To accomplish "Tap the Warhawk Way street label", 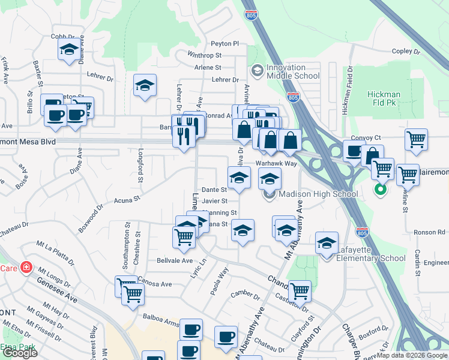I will (x=276, y=163).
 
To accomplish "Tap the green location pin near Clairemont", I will (x=379, y=191).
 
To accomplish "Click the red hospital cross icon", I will (x=26, y=268).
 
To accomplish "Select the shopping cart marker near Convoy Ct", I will (x=416, y=140).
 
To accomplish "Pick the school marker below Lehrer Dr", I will (x=145, y=86).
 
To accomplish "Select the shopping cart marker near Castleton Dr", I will (x=300, y=291).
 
